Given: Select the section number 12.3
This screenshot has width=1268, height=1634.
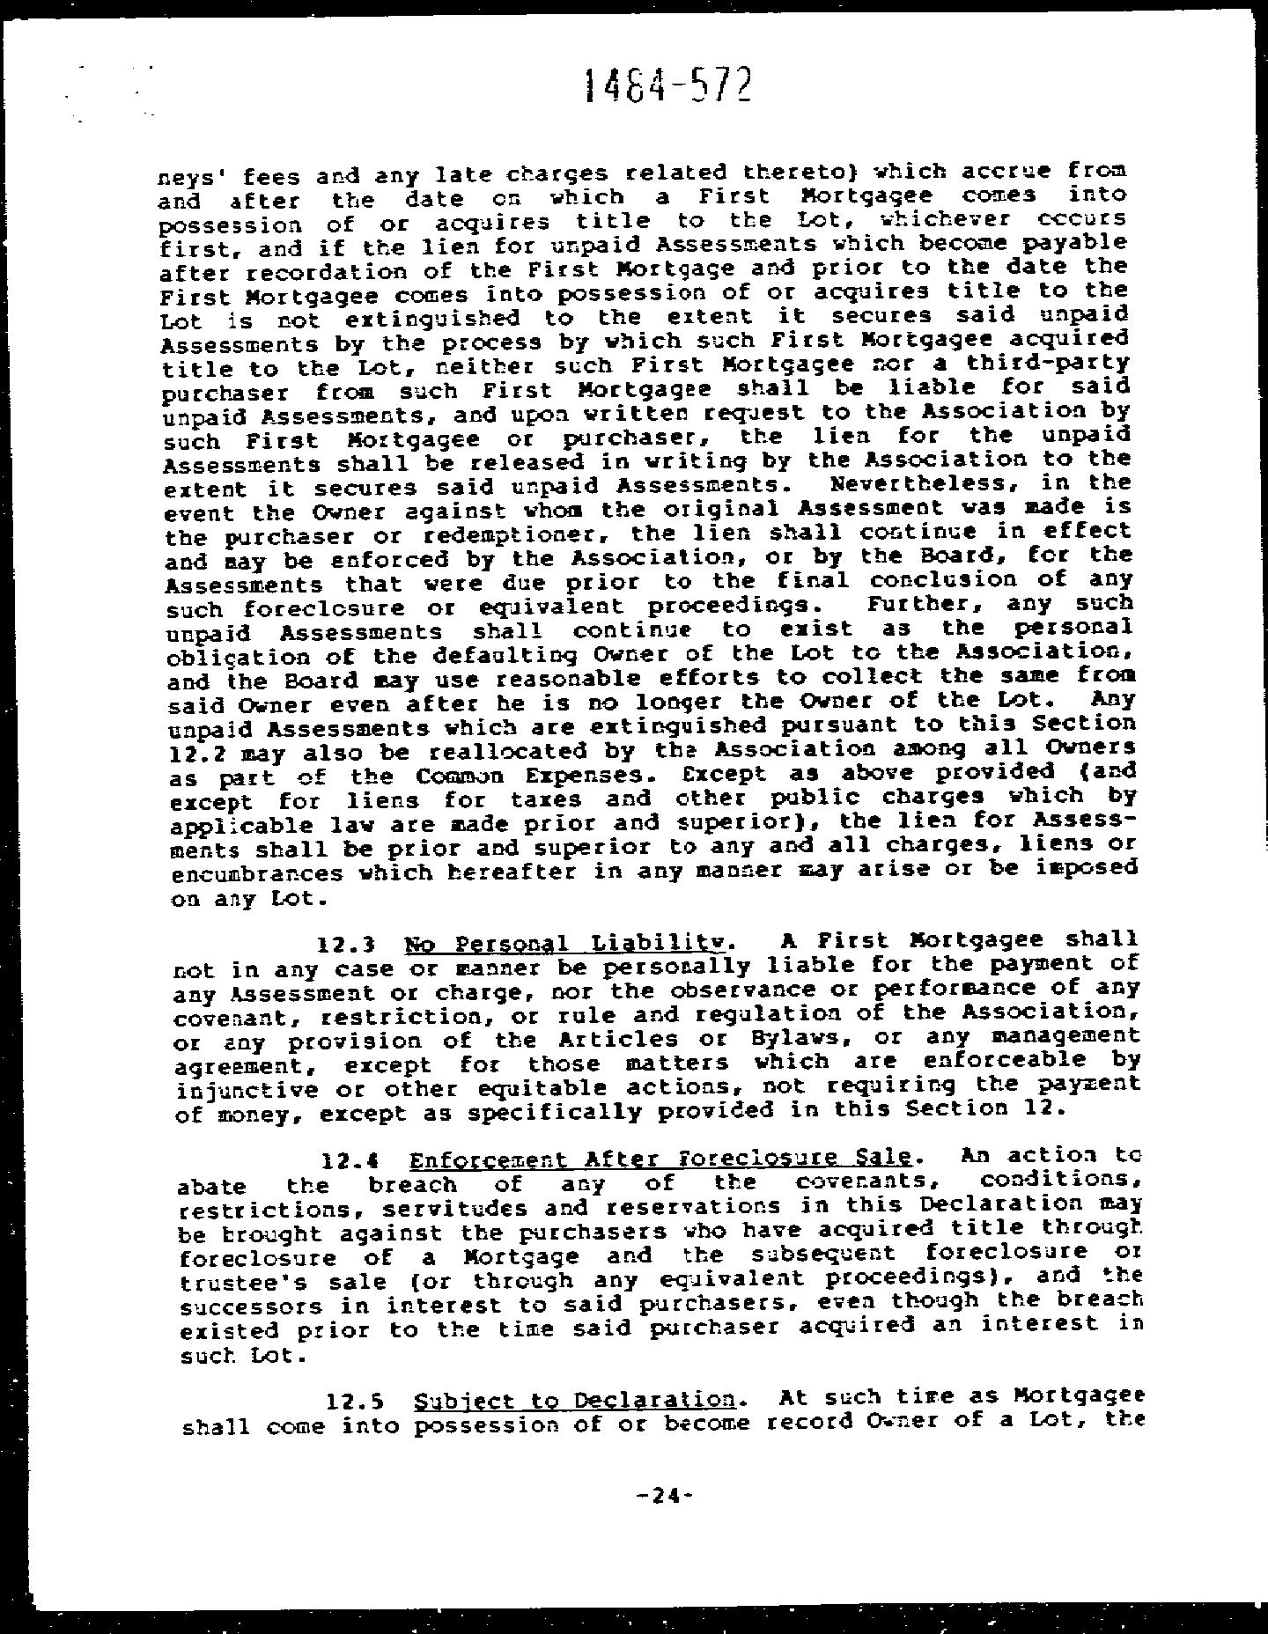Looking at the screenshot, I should point(347,946).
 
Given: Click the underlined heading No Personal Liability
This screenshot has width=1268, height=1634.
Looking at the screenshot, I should point(567,945).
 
